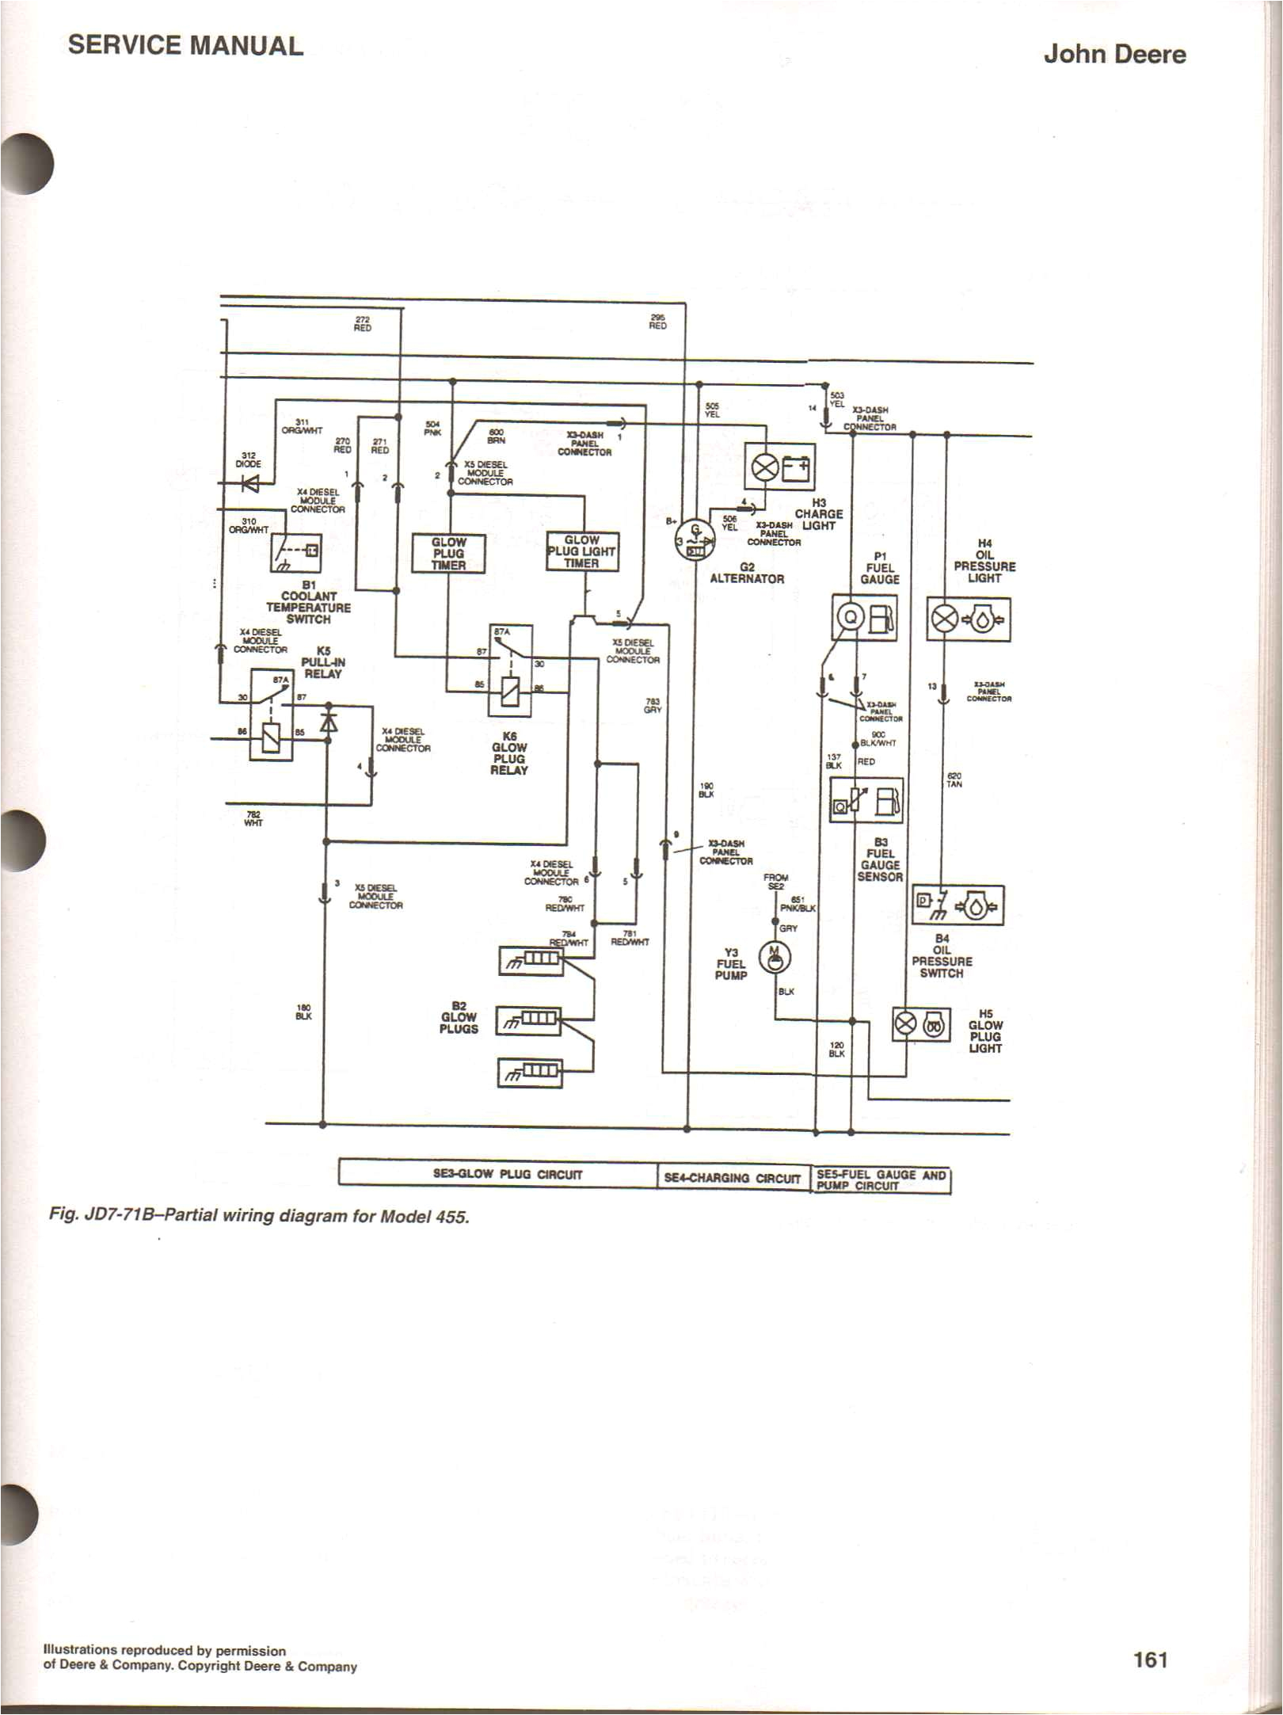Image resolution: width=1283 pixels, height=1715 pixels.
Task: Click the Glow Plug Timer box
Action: pos(448,553)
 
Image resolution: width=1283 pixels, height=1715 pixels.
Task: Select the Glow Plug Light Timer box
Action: pos(582,551)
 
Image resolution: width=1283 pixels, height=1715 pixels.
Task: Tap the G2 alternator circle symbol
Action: pos(695,542)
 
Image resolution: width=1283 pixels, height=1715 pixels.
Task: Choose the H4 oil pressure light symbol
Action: pos(968,619)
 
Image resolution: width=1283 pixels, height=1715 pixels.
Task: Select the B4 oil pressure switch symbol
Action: pos(957,905)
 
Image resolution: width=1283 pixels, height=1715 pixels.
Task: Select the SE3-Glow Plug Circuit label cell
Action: pos(497,1175)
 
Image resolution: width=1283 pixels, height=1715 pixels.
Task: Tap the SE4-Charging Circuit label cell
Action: pos(733,1177)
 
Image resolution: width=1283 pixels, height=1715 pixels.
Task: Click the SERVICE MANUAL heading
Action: pos(185,45)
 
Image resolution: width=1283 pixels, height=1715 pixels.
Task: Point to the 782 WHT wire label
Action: pos(253,818)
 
